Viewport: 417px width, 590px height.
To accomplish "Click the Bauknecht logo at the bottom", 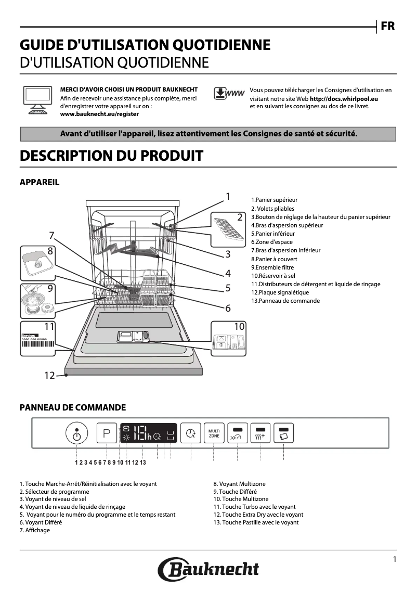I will click(x=208, y=568).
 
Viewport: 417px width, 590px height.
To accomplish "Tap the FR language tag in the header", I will click(x=387, y=26).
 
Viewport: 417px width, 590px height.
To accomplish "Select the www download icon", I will click(x=229, y=94).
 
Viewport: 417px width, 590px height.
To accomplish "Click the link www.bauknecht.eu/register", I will click(x=99, y=113).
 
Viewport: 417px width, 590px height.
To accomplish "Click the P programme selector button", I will click(x=107, y=433).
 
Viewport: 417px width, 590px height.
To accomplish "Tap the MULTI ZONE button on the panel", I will click(x=214, y=433).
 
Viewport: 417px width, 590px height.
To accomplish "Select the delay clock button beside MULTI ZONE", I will click(x=191, y=433).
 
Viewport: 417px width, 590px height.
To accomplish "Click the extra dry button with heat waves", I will click(x=260, y=433).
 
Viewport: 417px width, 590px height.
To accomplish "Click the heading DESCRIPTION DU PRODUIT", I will click(x=111, y=156).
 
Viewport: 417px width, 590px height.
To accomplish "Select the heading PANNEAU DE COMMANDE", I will click(x=72, y=407).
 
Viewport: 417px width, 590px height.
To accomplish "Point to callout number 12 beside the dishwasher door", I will click(x=49, y=375).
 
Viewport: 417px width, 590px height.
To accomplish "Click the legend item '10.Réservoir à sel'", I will click(x=273, y=276).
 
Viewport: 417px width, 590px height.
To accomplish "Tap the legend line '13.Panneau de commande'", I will click(x=285, y=301).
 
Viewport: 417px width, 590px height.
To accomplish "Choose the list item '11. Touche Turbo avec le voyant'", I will click(x=254, y=507).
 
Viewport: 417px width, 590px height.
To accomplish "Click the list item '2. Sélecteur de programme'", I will click(x=54, y=492).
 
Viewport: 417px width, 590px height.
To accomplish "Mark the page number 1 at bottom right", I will click(x=395, y=559).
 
